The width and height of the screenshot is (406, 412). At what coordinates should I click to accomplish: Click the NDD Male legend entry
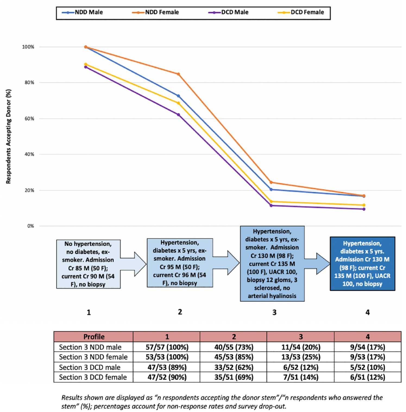82,12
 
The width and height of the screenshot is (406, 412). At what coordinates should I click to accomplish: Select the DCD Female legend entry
301,12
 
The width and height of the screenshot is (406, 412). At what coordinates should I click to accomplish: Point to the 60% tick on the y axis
29,119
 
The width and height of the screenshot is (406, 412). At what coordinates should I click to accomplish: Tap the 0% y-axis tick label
30,226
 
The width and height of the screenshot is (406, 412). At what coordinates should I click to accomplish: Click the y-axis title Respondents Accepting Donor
8,137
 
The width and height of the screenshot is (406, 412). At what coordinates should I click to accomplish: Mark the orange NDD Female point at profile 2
178,74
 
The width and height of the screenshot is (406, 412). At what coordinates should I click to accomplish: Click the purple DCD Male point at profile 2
178,115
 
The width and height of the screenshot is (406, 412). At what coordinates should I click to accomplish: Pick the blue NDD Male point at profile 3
271,189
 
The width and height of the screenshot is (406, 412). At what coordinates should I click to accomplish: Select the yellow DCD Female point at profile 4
364,205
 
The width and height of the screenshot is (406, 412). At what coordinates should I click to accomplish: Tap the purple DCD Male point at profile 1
86,67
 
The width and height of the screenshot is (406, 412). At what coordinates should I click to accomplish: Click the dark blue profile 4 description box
362,264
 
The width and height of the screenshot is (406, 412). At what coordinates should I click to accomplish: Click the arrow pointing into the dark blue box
317,264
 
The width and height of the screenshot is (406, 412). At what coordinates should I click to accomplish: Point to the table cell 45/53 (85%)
234,357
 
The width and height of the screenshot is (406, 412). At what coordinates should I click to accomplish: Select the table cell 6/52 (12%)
301,367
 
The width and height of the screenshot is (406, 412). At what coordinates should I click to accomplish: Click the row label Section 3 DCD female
93,377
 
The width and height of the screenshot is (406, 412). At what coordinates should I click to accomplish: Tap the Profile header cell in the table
94,337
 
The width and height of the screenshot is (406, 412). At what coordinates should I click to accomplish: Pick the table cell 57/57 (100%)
167,347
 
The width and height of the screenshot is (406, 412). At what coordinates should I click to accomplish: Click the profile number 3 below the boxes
274,312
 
